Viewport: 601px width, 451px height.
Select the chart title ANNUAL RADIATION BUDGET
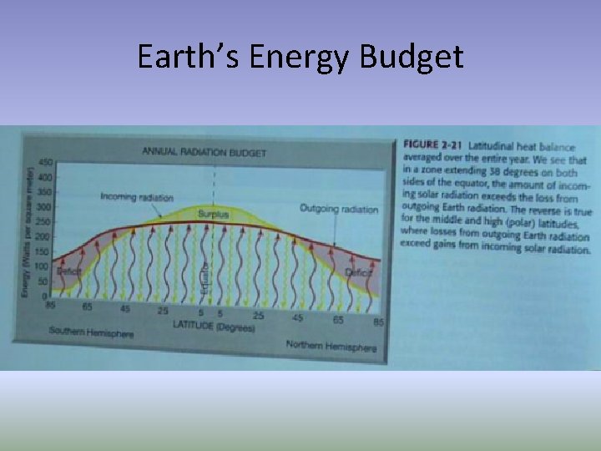point(205,152)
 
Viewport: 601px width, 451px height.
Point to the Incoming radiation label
point(137,198)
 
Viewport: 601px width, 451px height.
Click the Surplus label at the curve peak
point(214,214)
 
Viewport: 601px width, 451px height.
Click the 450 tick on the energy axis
point(44,162)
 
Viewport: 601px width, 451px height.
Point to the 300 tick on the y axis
point(44,206)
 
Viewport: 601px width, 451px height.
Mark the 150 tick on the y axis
point(44,251)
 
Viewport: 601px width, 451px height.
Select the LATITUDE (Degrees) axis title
point(213,327)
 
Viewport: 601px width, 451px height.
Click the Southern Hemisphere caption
point(91,332)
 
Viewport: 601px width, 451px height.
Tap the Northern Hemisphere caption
point(331,346)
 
